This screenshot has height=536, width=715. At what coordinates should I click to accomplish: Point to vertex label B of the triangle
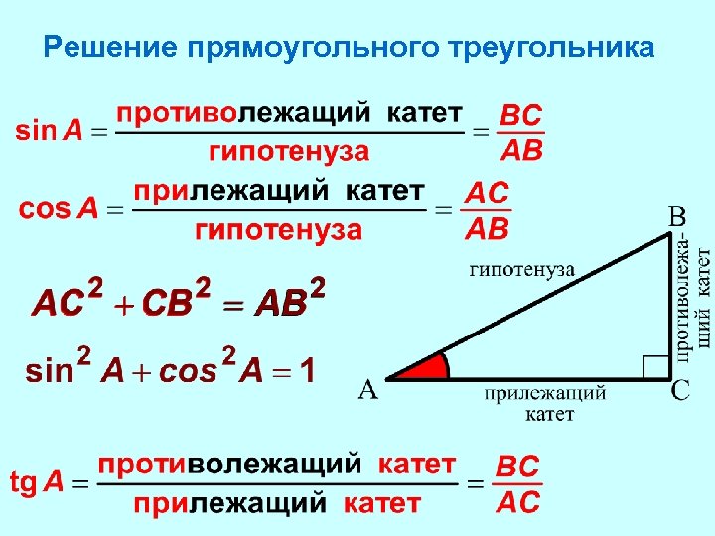[675, 215]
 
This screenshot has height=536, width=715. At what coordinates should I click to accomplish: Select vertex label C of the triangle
[680, 391]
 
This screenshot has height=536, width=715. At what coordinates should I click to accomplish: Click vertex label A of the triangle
[367, 391]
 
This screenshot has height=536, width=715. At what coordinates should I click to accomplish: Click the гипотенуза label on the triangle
[520, 268]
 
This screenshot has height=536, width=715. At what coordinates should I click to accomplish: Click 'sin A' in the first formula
[49, 132]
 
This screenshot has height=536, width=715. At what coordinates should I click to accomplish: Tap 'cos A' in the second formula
[59, 209]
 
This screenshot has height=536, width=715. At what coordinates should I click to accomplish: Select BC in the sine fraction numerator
[520, 115]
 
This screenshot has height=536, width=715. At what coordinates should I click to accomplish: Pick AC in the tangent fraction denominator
[517, 502]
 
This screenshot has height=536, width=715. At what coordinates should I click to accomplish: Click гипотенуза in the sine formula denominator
[288, 152]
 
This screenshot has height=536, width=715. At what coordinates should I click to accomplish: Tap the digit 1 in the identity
[307, 372]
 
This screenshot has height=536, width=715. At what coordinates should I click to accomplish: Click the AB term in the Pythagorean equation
[281, 304]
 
